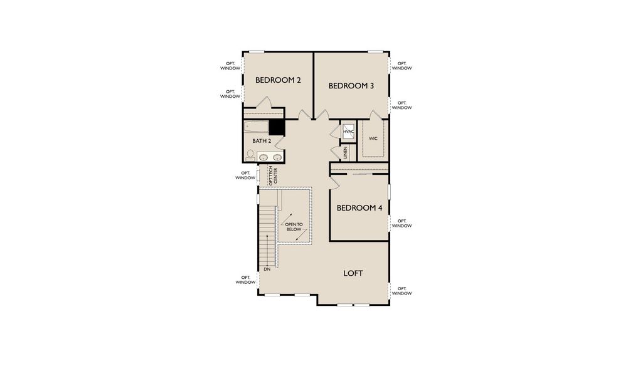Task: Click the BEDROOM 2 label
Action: pyautogui.click(x=278, y=80)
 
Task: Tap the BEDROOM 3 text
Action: pyautogui.click(x=351, y=86)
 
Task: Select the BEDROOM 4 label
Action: pyautogui.click(x=359, y=208)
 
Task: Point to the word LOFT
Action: pyautogui.click(x=353, y=273)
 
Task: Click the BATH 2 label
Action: pyautogui.click(x=262, y=142)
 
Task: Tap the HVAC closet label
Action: pyautogui.click(x=348, y=132)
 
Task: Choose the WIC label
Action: pyautogui.click(x=373, y=138)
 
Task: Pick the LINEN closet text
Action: pyautogui.click(x=345, y=152)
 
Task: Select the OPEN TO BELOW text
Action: pyautogui.click(x=294, y=227)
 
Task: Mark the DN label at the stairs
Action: pyautogui.click(x=267, y=269)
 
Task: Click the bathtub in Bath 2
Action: pyautogui.click(x=257, y=128)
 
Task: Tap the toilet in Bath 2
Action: pyautogui.click(x=251, y=155)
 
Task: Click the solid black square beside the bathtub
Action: pyautogui.click(x=277, y=127)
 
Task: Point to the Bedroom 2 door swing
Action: pyautogui.click(x=265, y=103)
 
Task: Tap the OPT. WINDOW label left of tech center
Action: pyautogui.click(x=245, y=175)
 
